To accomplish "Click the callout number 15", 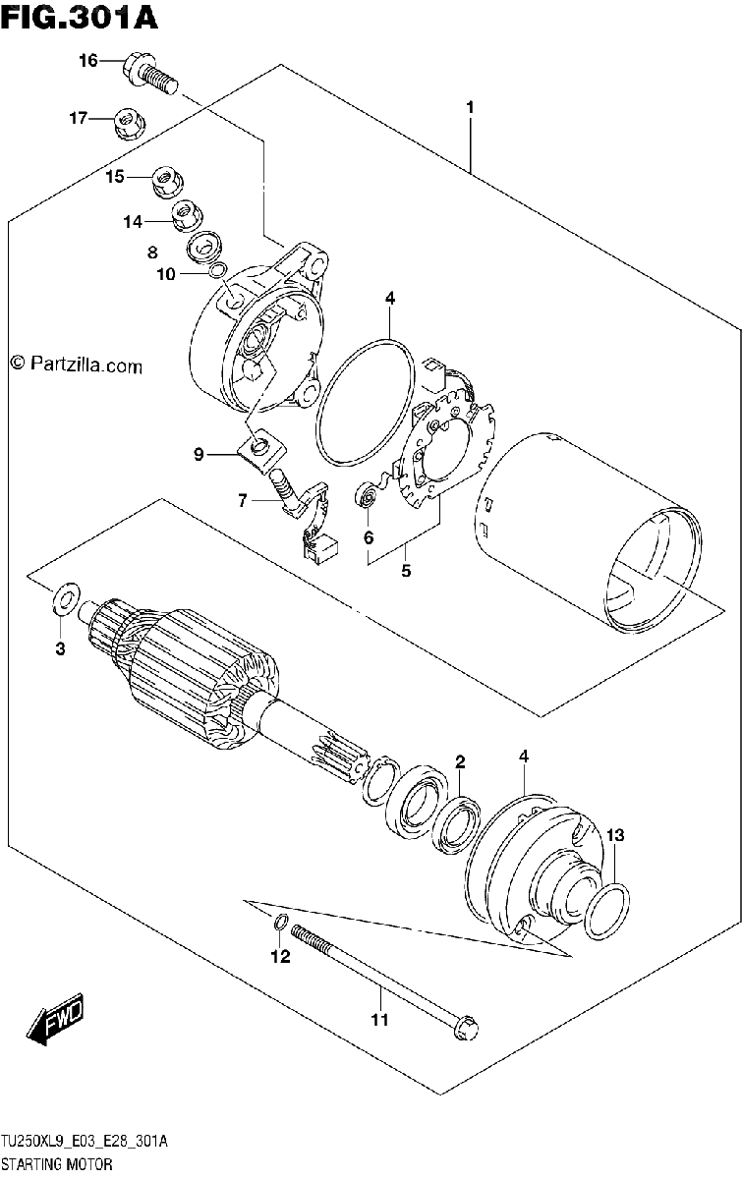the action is click(114, 176).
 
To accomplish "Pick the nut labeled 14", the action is click(188, 214).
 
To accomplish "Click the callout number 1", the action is click(470, 108).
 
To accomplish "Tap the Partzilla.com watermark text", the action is click(77, 365).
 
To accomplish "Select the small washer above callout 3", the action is click(66, 598).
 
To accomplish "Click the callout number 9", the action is click(198, 454).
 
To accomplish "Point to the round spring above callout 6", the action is click(367, 496).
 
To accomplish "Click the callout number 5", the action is click(406, 571).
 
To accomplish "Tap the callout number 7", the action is click(242, 500).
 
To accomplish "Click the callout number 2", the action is click(460, 761).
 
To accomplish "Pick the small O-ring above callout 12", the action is click(281, 922).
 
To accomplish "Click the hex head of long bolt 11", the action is click(466, 1039).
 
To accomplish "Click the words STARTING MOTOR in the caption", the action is click(57, 1163).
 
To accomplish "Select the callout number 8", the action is click(152, 253).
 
